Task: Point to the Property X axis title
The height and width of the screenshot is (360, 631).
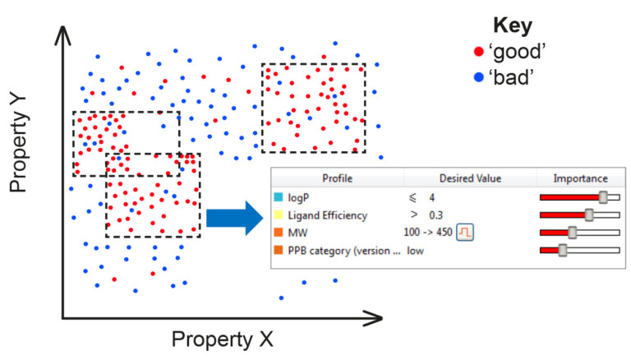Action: [221, 339]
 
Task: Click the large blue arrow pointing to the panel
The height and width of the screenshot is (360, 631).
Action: [237, 218]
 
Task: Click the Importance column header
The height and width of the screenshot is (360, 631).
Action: [580, 178]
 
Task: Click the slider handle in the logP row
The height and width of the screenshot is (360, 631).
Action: [604, 197]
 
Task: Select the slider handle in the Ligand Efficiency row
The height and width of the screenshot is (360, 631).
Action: [588, 215]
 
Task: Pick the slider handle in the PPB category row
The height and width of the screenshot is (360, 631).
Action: [563, 250]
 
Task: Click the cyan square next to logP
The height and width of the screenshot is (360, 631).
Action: [280, 197]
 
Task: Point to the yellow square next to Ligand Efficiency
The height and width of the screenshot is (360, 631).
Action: [280, 215]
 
